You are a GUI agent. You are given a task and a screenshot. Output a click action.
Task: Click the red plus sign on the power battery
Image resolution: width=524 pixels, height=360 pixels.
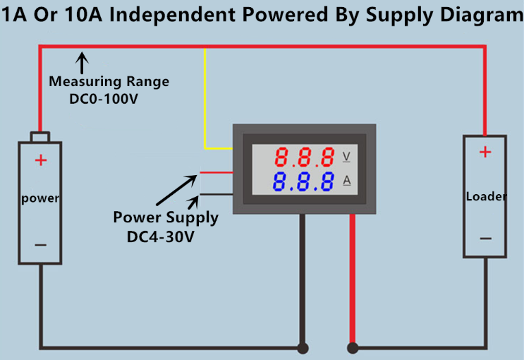tap(41, 160)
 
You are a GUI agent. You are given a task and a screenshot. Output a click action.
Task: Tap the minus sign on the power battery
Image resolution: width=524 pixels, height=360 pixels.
tap(41, 245)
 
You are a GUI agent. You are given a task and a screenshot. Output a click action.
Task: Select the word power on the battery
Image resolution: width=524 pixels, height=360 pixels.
tap(40, 198)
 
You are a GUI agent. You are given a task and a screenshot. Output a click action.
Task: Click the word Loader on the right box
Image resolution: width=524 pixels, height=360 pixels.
tap(486, 196)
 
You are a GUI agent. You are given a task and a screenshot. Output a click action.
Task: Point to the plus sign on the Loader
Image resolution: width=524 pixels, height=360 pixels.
tap(485, 151)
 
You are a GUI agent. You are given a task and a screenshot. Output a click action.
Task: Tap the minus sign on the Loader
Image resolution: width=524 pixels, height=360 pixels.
tap(485, 239)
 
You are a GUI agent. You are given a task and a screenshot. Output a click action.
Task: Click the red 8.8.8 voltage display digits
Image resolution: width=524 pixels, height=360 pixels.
tap(305, 157)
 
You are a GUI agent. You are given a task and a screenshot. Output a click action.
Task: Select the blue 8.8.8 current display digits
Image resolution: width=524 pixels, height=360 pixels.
tap(305, 182)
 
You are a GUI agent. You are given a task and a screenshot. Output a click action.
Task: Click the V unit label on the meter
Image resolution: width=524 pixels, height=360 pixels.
tap(346, 156)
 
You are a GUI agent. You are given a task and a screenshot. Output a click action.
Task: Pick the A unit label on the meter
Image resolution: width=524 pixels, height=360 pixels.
tap(347, 181)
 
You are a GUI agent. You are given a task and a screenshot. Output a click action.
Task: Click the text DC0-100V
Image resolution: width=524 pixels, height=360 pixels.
tap(103, 99)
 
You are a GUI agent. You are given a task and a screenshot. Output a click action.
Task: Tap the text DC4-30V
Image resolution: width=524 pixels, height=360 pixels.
tap(160, 237)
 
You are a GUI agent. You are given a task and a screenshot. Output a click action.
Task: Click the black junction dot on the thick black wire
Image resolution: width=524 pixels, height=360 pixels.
tap(303, 348)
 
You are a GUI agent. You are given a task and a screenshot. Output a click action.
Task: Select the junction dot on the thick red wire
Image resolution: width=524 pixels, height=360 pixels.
tap(352, 348)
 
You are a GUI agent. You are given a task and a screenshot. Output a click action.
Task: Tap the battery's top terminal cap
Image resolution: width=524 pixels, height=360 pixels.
tap(40, 136)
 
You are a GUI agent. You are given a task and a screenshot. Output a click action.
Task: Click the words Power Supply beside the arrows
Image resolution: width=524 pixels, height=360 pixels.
tap(166, 217)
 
